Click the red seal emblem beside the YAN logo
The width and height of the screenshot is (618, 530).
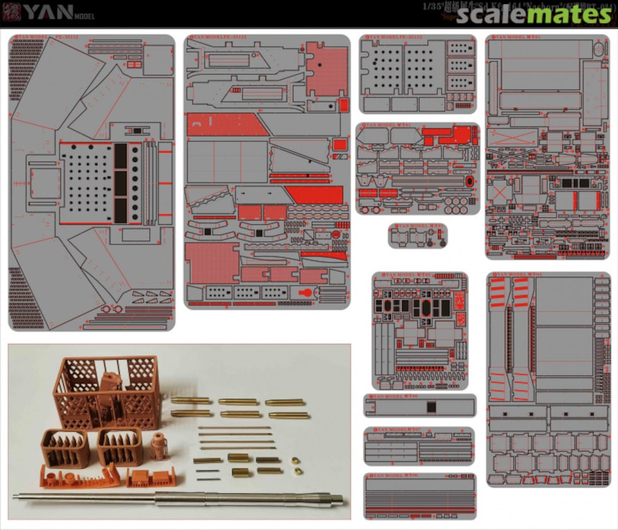click(11, 13)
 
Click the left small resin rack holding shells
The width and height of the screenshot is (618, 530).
click(65, 447)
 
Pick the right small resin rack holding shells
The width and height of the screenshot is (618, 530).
click(120, 446)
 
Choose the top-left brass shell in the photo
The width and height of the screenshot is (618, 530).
click(191, 401)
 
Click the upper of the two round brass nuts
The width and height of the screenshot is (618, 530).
click(295, 460)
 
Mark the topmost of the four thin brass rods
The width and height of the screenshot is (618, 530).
click(235, 428)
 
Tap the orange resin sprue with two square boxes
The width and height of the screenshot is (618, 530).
click(151, 477)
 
